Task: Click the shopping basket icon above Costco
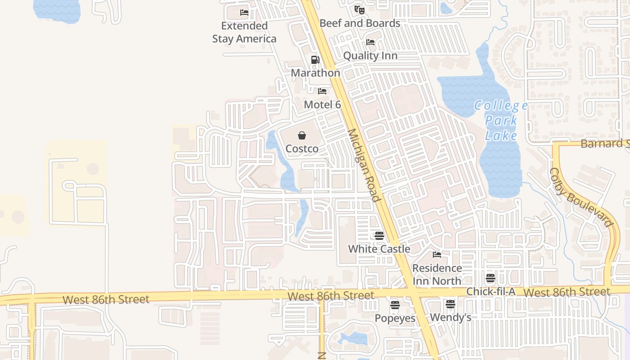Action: [x=302, y=135]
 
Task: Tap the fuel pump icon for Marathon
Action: [x=315, y=60]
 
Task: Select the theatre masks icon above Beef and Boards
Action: [x=359, y=9]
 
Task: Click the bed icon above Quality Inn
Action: [x=370, y=42]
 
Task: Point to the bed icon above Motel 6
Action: [x=322, y=91]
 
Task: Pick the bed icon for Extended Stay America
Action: [x=244, y=13]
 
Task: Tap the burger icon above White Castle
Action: [x=379, y=235]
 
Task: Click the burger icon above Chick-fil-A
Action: [x=490, y=278]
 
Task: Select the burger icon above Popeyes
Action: [x=395, y=305]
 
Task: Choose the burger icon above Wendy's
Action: [x=450, y=304]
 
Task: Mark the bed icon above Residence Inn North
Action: [x=437, y=255]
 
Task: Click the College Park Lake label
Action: [x=501, y=121]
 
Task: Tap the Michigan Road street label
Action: [x=364, y=165]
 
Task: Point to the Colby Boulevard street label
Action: [x=581, y=197]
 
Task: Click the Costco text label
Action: [x=302, y=148]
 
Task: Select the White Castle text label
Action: [x=379, y=249]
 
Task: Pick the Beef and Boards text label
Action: [x=360, y=23]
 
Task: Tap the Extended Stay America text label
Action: [x=244, y=32]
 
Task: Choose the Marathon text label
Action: [x=315, y=73]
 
